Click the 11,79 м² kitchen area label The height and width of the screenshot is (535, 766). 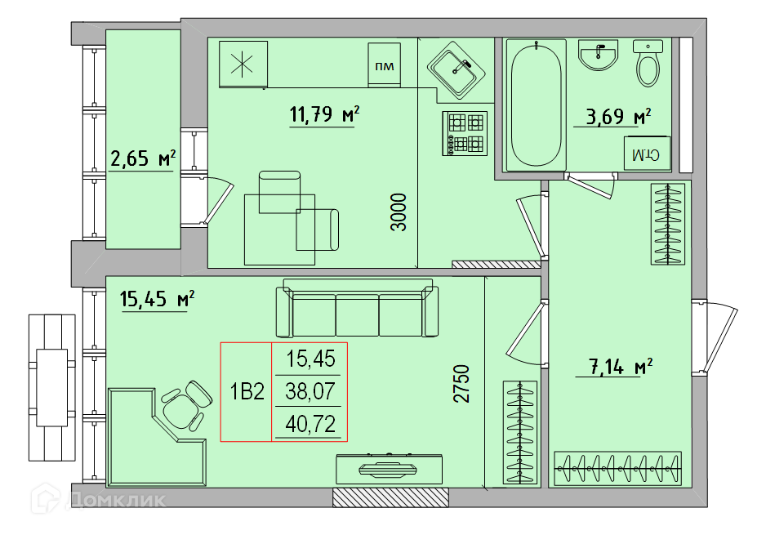(x=324, y=114)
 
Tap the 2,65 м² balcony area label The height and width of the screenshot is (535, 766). (x=143, y=158)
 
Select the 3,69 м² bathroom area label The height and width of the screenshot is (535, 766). (x=618, y=116)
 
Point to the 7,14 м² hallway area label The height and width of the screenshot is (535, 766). (x=621, y=366)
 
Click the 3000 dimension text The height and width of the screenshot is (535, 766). (x=399, y=212)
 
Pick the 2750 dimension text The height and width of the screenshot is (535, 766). (x=461, y=384)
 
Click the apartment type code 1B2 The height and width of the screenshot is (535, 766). (x=247, y=391)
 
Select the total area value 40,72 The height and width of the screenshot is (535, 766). (x=310, y=424)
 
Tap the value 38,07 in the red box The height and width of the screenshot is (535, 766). (x=310, y=391)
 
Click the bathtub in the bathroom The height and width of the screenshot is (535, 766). (x=536, y=105)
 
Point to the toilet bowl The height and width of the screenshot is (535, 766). (x=648, y=64)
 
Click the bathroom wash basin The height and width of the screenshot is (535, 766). (x=599, y=55)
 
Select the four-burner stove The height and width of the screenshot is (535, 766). (x=465, y=134)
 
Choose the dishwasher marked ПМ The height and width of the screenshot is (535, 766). (x=385, y=65)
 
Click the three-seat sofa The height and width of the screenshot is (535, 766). (x=357, y=308)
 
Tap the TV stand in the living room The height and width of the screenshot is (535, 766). (x=389, y=469)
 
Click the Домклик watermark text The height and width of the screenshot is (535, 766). (x=116, y=499)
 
